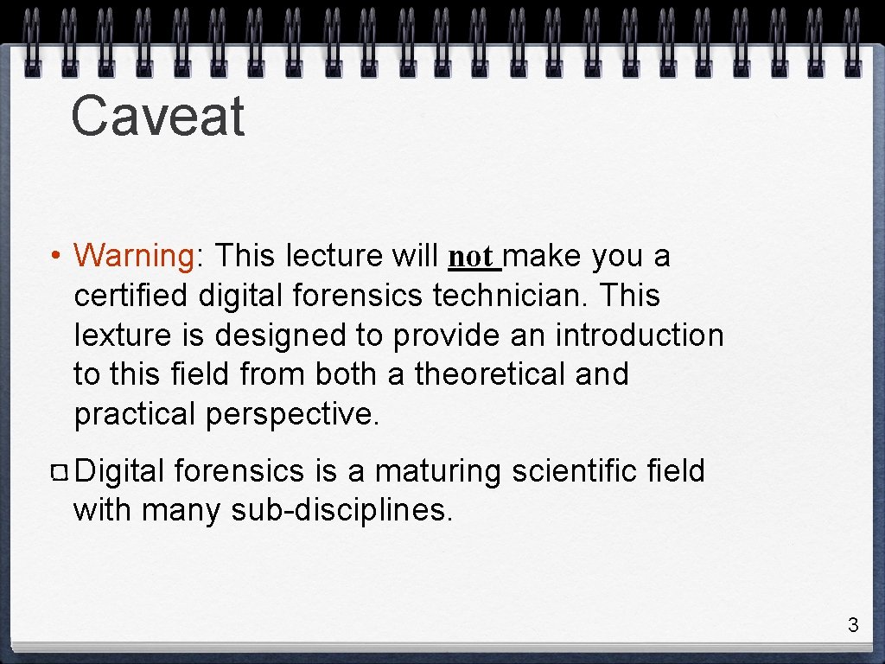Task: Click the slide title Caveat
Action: pyautogui.click(x=158, y=117)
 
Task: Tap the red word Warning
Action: pyautogui.click(x=135, y=256)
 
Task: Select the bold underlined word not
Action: pyautogui.click(x=472, y=257)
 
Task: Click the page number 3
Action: pyautogui.click(x=853, y=625)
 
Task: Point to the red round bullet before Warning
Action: pyautogui.click(x=54, y=257)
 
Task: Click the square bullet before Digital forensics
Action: pyautogui.click(x=60, y=472)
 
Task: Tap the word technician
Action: pyautogui.click(x=499, y=296)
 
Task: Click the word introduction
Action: pyautogui.click(x=639, y=335)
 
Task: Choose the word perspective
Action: pyautogui.click(x=292, y=415)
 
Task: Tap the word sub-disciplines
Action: pyautogui.click(x=341, y=511)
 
